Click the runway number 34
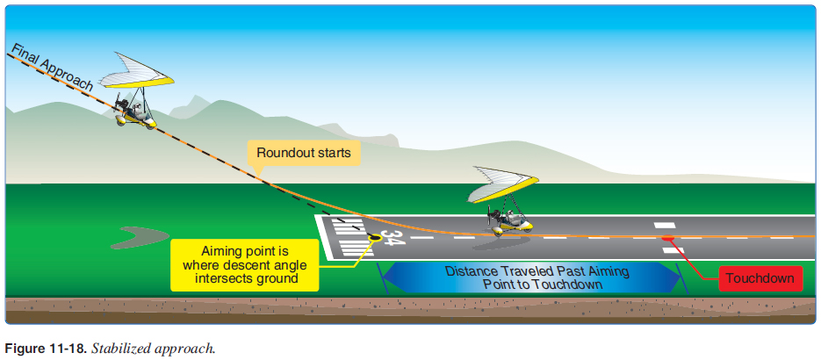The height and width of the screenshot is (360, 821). click(x=393, y=237)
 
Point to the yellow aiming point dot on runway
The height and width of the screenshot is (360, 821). click(x=376, y=237)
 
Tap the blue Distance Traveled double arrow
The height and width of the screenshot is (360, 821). click(x=532, y=278)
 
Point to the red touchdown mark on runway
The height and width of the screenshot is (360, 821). click(x=668, y=238)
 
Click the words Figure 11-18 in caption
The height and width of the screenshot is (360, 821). click(x=43, y=348)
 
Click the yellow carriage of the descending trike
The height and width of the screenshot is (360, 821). click(x=141, y=119)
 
